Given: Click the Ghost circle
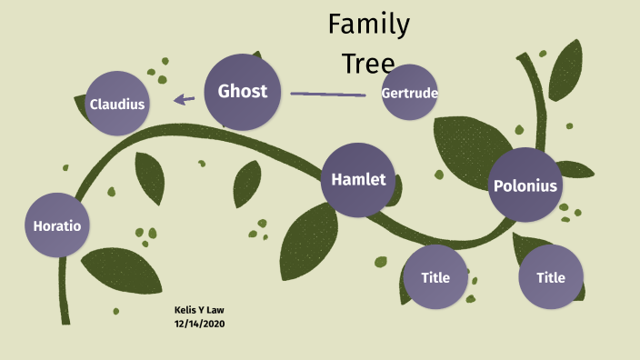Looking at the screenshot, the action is click(x=242, y=91).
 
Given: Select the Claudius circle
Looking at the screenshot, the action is click(x=117, y=104).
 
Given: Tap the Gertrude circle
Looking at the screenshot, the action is click(x=410, y=93).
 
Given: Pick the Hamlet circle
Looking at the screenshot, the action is click(x=358, y=179).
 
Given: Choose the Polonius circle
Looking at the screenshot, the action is click(x=525, y=186).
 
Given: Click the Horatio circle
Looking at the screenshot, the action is click(x=57, y=225).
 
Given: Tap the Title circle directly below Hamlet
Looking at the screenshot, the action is click(x=435, y=277).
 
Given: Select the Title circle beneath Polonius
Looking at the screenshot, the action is click(x=550, y=277).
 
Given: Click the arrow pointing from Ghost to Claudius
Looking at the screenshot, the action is click(x=185, y=99).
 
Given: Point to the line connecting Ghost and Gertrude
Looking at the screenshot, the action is click(x=327, y=94).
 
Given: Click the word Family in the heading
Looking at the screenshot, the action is click(x=368, y=25).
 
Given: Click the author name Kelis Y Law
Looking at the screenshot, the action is click(x=199, y=310).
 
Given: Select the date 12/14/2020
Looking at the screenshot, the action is click(x=201, y=324).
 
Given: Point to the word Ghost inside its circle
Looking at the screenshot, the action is click(x=242, y=91).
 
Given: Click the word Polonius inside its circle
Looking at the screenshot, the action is click(x=525, y=186).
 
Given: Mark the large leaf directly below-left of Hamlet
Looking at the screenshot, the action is click(x=306, y=239).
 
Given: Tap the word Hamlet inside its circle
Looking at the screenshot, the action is click(x=358, y=179).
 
